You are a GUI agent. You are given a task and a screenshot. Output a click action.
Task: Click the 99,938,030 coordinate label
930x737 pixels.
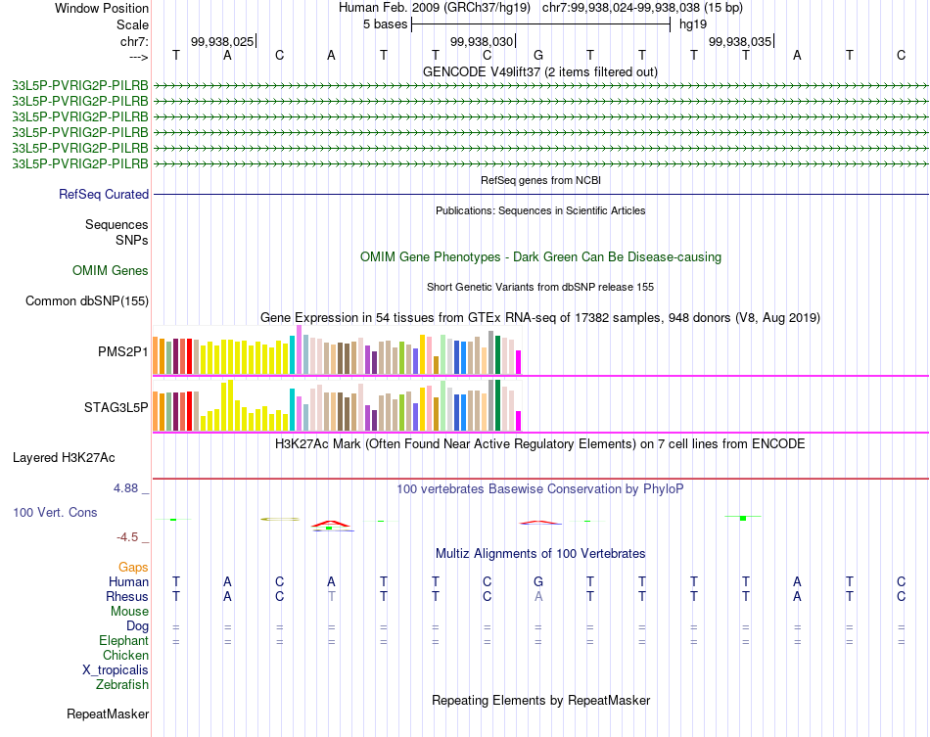click(x=481, y=41)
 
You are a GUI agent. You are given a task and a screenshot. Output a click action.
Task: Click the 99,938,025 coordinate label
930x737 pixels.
click(x=222, y=41)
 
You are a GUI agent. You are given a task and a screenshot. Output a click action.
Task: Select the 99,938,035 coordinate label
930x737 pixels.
click(x=739, y=41)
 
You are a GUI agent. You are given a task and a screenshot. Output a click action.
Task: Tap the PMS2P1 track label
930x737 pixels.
click(x=122, y=351)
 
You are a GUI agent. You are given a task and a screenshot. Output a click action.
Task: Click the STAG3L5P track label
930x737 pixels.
click(x=116, y=407)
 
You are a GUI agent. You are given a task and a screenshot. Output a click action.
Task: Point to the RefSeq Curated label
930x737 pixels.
click(x=104, y=194)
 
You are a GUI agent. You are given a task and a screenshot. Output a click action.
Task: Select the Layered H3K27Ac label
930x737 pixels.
click(x=64, y=457)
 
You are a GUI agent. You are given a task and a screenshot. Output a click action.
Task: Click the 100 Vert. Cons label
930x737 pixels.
click(x=55, y=512)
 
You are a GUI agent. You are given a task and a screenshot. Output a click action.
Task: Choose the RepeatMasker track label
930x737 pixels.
click(x=108, y=714)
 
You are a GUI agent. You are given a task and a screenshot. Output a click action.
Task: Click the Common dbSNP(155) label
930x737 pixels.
click(x=87, y=301)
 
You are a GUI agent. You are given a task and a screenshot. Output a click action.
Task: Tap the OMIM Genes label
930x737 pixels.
click(x=111, y=270)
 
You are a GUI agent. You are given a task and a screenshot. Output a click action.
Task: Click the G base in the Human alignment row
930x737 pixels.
click(x=538, y=581)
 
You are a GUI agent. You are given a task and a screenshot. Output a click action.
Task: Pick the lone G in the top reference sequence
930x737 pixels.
click(x=538, y=55)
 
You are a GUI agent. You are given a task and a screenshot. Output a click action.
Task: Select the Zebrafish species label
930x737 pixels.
click(x=122, y=685)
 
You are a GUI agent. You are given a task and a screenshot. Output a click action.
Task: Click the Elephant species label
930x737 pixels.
click(x=124, y=640)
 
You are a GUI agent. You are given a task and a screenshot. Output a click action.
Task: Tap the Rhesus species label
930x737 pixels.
click(x=127, y=596)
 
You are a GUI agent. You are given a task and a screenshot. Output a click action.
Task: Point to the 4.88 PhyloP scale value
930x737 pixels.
click(x=127, y=487)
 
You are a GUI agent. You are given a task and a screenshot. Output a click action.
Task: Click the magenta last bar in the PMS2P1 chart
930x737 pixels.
click(x=519, y=362)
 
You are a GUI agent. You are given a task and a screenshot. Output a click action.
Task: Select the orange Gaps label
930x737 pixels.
click(x=133, y=567)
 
